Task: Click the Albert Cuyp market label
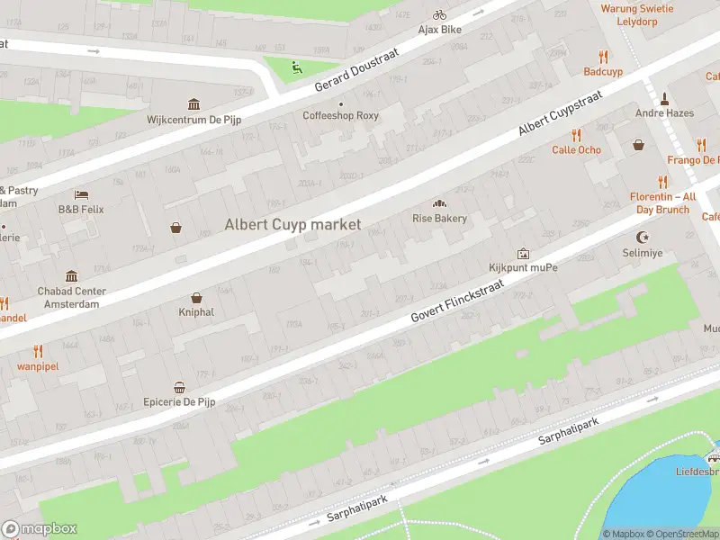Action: click(x=292, y=224)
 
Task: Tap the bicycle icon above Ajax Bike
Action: click(x=439, y=14)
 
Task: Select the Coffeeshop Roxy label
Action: click(x=340, y=116)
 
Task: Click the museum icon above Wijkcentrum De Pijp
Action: click(x=193, y=104)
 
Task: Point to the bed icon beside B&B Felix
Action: click(x=81, y=194)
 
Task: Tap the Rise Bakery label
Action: click(x=439, y=219)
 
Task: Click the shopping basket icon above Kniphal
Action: click(x=196, y=298)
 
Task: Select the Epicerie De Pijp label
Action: click(x=180, y=401)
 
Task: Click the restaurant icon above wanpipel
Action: click(x=38, y=351)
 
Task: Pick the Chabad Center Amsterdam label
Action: click(x=71, y=298)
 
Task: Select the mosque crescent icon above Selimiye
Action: click(x=643, y=238)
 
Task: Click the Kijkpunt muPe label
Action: click(x=523, y=268)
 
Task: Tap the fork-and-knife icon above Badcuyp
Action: click(x=603, y=56)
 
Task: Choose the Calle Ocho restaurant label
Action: click(x=576, y=149)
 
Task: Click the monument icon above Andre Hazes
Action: click(x=663, y=99)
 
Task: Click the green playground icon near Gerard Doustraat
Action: click(x=296, y=66)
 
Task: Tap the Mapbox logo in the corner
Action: click(x=40, y=529)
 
